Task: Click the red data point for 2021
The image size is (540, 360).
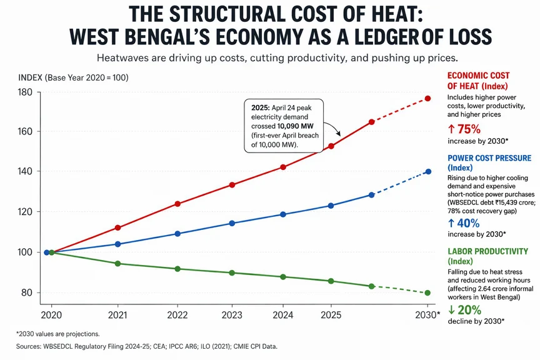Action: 118,227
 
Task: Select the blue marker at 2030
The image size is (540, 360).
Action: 428,171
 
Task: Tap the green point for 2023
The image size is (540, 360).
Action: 232,273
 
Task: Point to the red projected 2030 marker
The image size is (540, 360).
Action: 428,99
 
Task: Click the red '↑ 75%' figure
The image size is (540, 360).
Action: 464,129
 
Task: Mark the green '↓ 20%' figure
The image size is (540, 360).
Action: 464,310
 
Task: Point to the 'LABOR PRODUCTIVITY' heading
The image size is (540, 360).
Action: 487,251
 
